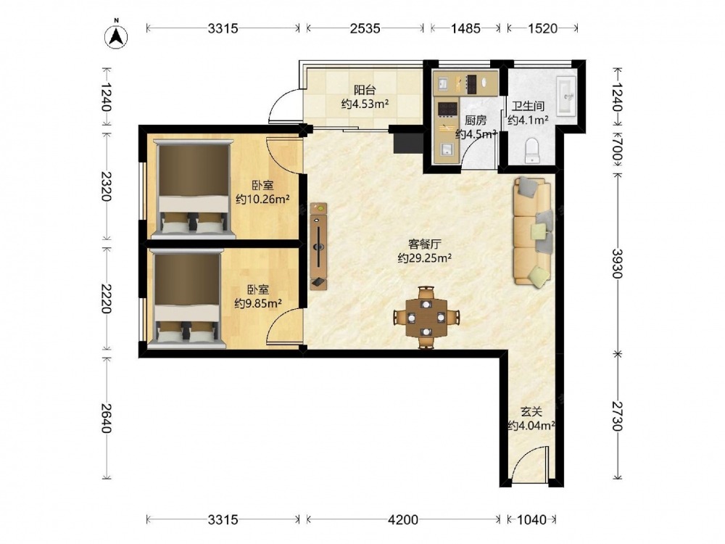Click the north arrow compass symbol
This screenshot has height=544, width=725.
[116, 36]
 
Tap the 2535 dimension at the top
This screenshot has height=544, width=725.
[365, 28]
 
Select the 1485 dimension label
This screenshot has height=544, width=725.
[465, 28]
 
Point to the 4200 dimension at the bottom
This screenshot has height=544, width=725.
[402, 520]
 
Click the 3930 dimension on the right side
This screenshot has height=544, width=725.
[617, 264]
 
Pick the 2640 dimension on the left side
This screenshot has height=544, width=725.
[106, 419]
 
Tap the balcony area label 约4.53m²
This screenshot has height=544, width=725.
[365, 104]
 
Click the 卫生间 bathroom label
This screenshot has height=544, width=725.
[528, 106]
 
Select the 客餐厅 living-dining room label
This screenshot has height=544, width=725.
[423, 244]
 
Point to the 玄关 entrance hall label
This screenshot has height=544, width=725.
[531, 411]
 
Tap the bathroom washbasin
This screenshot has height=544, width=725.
[566, 96]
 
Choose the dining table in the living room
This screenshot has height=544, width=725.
[426, 318]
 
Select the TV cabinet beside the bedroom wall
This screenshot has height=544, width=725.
[318, 246]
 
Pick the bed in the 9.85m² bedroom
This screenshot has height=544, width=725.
[186, 300]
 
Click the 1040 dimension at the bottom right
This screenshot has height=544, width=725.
[531, 520]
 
